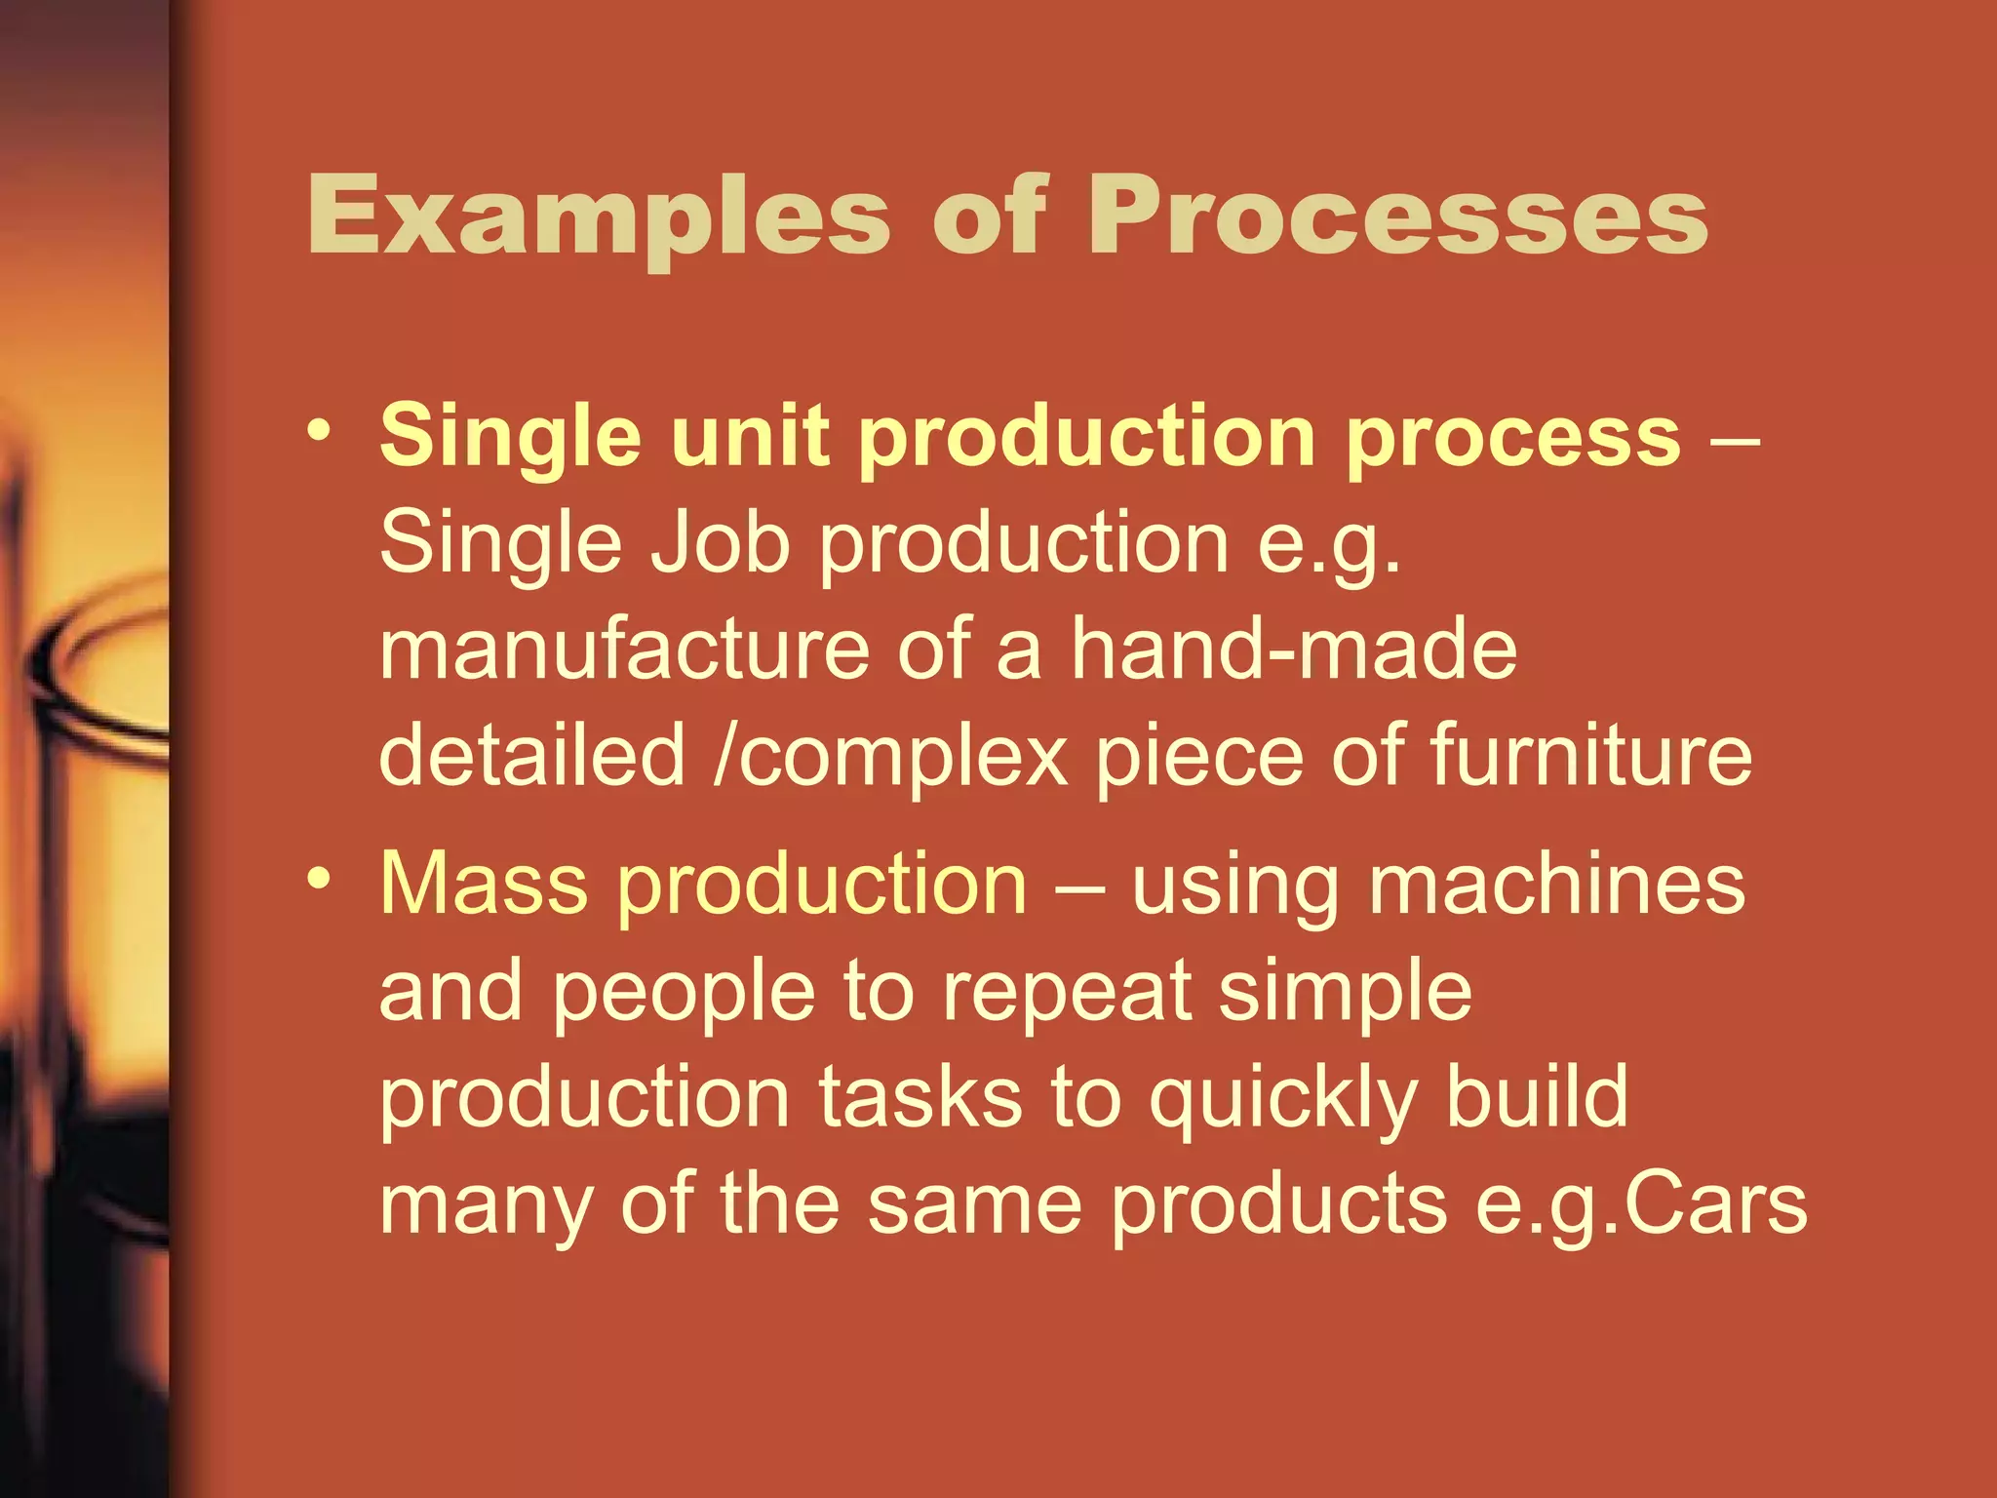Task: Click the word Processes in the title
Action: coord(1398,217)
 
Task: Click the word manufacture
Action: coord(624,650)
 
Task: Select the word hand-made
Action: coord(1294,650)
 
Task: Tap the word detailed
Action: coord(532,756)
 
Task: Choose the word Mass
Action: coord(484,885)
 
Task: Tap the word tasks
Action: coord(920,1098)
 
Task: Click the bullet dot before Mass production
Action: coord(318,879)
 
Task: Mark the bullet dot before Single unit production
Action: coord(318,430)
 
